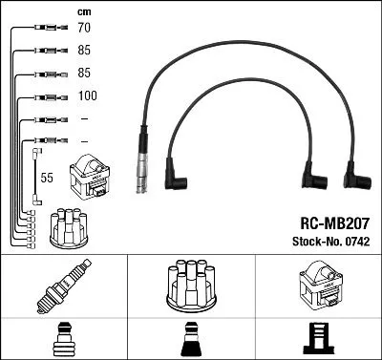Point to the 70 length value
[84, 29]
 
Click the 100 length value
[86, 96]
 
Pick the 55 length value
[47, 178]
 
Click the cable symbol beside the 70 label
[45, 29]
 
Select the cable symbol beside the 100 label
[45, 96]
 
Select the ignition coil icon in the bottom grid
[317, 286]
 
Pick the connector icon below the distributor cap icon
[190, 336]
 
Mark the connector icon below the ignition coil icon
[317, 336]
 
